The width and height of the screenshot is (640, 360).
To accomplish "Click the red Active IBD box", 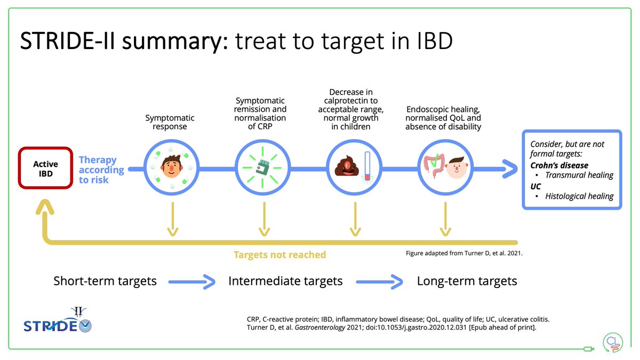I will [x=45, y=168].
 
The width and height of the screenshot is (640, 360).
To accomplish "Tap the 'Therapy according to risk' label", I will [x=101, y=170].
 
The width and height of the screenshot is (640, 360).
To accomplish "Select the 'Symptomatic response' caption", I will [x=170, y=122].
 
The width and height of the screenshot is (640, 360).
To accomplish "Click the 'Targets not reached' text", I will [x=279, y=254].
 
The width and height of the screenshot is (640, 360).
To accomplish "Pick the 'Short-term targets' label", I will [x=105, y=281].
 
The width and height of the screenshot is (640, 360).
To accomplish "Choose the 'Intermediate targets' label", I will [x=285, y=281].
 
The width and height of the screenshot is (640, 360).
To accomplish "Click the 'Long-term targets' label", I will [x=467, y=281].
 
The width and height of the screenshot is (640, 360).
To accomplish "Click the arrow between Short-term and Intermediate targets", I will [x=192, y=281].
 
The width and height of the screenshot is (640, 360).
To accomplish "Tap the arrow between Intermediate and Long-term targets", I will [x=379, y=281].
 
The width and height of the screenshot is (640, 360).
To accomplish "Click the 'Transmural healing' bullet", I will [x=579, y=175].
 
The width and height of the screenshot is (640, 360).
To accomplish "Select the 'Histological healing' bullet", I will [x=579, y=196].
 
